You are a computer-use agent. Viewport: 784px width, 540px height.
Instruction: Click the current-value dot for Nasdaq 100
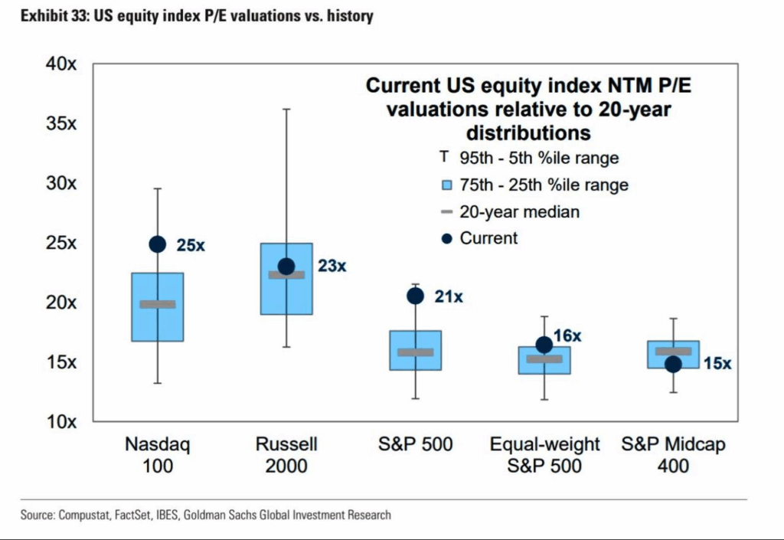pyautogui.click(x=157, y=244)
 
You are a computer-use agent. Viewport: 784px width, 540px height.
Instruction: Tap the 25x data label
pyautogui.click(x=191, y=246)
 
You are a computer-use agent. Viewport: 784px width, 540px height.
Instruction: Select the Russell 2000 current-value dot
pyautogui.click(x=286, y=267)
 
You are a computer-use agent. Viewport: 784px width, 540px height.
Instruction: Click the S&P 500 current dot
pyautogui.click(x=415, y=296)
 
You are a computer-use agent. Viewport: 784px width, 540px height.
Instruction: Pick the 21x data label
pyautogui.click(x=449, y=296)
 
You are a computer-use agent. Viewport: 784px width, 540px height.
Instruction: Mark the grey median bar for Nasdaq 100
pyautogui.click(x=157, y=304)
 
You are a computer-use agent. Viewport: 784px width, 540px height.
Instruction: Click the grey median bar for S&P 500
pyautogui.click(x=415, y=352)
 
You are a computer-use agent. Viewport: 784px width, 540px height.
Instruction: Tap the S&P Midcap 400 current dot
pyautogui.click(x=673, y=365)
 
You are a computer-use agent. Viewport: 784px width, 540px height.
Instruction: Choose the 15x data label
pyautogui.click(x=717, y=365)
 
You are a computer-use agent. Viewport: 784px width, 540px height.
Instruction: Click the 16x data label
pyautogui.click(x=568, y=335)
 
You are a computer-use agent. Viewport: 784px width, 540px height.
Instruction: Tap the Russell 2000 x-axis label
pyautogui.click(x=286, y=455)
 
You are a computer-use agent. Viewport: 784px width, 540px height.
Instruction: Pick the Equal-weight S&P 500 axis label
pyautogui.click(x=544, y=455)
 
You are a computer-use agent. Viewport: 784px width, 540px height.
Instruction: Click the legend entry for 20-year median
pyautogui.click(x=519, y=212)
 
